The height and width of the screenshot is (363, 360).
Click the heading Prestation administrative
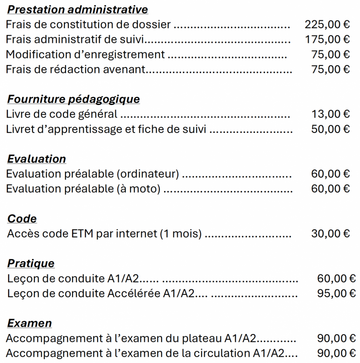tap(77, 9)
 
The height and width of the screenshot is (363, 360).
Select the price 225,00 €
tap(327, 24)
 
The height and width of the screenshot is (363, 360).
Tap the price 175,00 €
tap(327, 39)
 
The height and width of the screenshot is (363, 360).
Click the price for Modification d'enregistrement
tap(330, 54)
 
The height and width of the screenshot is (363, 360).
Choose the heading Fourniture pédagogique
tap(73, 99)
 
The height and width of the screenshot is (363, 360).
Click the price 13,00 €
tap(330, 114)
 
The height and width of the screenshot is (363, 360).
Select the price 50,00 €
tap(330, 129)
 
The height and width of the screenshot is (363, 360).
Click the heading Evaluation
tap(36, 159)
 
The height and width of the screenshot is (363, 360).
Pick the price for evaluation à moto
tap(330, 189)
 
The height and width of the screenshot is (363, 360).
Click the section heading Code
tap(22, 219)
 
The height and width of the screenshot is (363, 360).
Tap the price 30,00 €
tap(330, 234)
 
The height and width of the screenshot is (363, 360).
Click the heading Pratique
tap(31, 263)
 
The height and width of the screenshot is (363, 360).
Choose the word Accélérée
tap(134, 293)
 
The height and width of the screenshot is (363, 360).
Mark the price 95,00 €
tap(336, 293)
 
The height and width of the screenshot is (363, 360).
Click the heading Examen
tap(29, 323)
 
